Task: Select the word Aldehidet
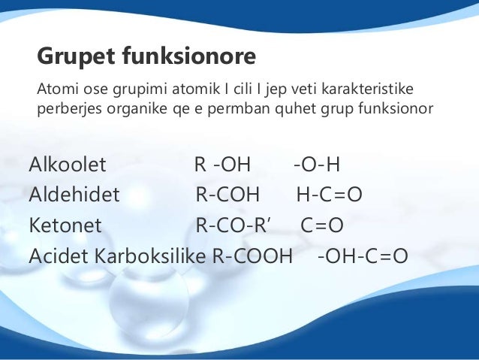pos(74,195)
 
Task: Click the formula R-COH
pos(227,195)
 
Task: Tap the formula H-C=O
pos(330,195)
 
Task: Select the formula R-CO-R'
pos(236,225)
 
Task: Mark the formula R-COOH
pos(252,256)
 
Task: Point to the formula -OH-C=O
pos(363,256)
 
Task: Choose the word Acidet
pos(58,256)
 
